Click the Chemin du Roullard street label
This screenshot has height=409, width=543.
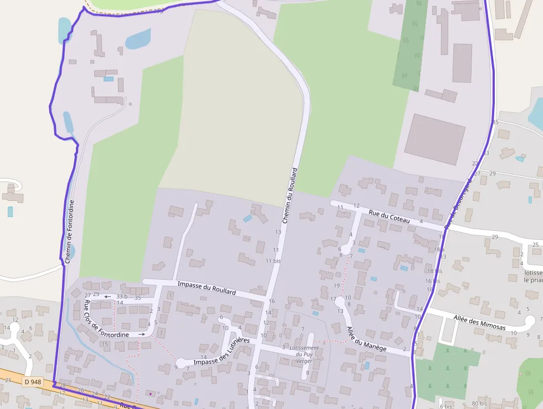pos(290,195)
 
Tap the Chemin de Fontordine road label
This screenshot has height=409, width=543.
pos(69,231)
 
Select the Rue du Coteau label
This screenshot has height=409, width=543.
pos(389,216)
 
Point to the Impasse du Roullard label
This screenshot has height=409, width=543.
pos(206,287)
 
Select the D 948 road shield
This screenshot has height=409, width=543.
pos(33,382)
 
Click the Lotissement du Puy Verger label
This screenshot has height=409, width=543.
pos(304,354)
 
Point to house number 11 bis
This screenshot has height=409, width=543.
pos(273,260)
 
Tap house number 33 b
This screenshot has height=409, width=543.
pos(122,297)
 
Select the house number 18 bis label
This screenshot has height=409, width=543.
pos(435,271)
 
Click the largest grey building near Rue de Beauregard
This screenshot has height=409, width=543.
pos(434,139)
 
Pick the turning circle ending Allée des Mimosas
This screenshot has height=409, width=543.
pos(530,320)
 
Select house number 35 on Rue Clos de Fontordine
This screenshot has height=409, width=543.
pos(138,298)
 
